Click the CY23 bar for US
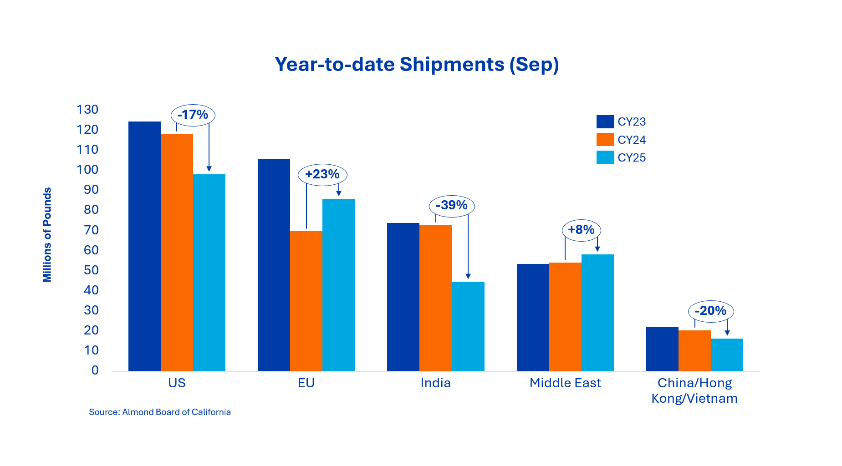(x=144, y=246)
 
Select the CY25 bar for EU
(x=338, y=284)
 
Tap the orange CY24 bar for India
(x=435, y=298)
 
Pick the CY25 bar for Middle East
(x=597, y=312)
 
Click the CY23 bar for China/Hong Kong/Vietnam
(x=662, y=349)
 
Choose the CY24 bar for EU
(x=306, y=301)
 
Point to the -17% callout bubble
(x=193, y=115)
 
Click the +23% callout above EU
(x=322, y=174)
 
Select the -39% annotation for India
(x=452, y=206)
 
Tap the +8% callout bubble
(x=582, y=230)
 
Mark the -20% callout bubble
(x=710, y=311)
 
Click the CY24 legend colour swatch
(x=605, y=140)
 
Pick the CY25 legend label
(x=632, y=158)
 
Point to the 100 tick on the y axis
(x=87, y=170)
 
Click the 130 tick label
(x=87, y=110)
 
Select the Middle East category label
(x=565, y=383)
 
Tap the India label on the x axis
(x=435, y=383)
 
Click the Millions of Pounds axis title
(x=47, y=235)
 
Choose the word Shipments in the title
(x=452, y=65)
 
